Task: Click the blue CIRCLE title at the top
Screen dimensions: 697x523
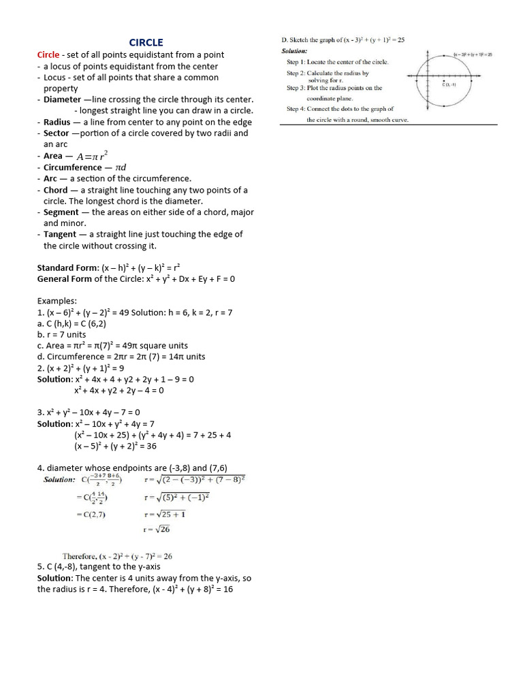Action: (146, 42)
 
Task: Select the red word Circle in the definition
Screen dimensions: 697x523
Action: (48, 54)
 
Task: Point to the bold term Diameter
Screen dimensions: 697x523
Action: (62, 99)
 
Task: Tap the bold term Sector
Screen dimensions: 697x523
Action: (57, 133)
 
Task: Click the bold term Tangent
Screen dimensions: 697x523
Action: (61, 234)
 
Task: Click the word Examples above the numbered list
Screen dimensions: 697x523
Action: (57, 301)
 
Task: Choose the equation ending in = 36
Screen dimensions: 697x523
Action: (125, 447)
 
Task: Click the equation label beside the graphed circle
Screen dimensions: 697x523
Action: (473, 54)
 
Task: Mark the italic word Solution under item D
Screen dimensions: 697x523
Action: (294, 51)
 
